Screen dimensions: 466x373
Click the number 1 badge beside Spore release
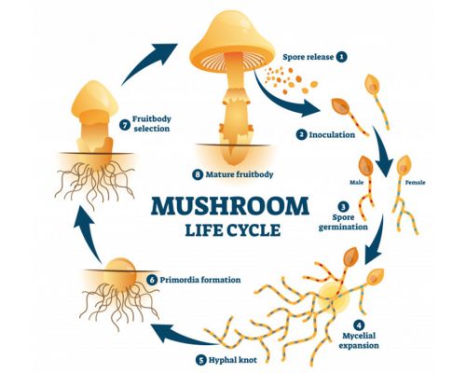(x=342, y=57)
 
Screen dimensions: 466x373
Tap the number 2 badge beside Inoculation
(x=301, y=135)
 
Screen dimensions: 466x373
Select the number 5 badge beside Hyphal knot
(x=201, y=360)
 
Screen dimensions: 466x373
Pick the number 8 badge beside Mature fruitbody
(x=198, y=174)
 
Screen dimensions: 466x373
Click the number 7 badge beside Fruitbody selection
(x=125, y=125)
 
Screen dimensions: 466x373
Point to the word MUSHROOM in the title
(x=230, y=206)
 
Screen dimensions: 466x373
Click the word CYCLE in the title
(x=254, y=230)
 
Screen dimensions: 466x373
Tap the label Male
(x=357, y=183)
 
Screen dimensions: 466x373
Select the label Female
(x=415, y=183)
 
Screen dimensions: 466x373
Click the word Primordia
(x=179, y=280)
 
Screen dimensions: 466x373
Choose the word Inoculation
(x=332, y=135)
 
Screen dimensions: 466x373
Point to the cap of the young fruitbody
(x=94, y=100)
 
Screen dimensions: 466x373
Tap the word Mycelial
(x=359, y=336)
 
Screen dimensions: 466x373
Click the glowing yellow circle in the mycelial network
(x=333, y=297)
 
